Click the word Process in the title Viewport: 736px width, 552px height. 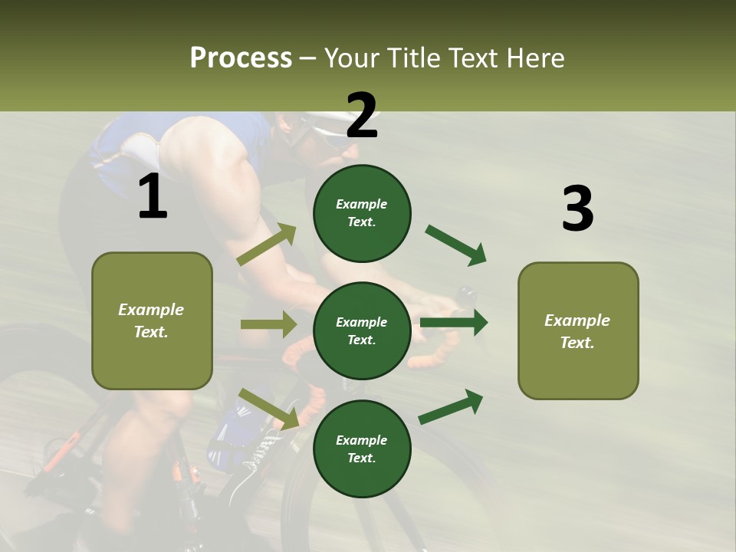click(x=241, y=58)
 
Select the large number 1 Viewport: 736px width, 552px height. click(x=153, y=197)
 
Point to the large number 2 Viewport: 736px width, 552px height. click(x=362, y=116)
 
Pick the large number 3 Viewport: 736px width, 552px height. click(x=577, y=209)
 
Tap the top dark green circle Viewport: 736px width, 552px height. click(x=362, y=213)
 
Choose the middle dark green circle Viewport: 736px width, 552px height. click(x=362, y=330)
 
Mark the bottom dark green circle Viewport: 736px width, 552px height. click(x=362, y=449)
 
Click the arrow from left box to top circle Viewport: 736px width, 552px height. click(x=268, y=245)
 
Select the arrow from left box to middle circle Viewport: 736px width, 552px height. click(x=268, y=324)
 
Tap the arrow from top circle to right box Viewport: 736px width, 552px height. click(x=455, y=245)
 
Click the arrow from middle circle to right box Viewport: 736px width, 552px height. click(x=454, y=323)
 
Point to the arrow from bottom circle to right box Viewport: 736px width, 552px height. click(x=451, y=406)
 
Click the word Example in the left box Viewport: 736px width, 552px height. click(x=151, y=310)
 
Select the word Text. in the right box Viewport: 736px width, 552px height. click(x=577, y=343)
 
